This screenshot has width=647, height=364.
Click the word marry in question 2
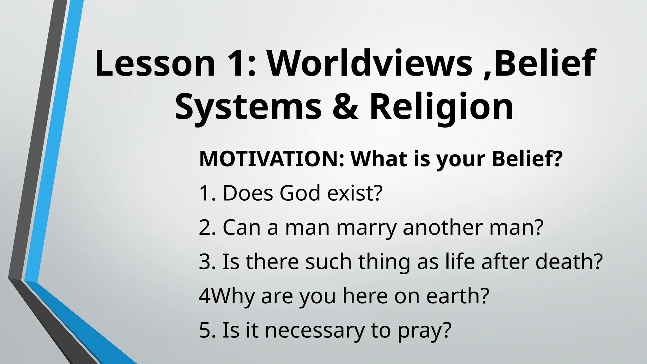pos(366,227)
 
